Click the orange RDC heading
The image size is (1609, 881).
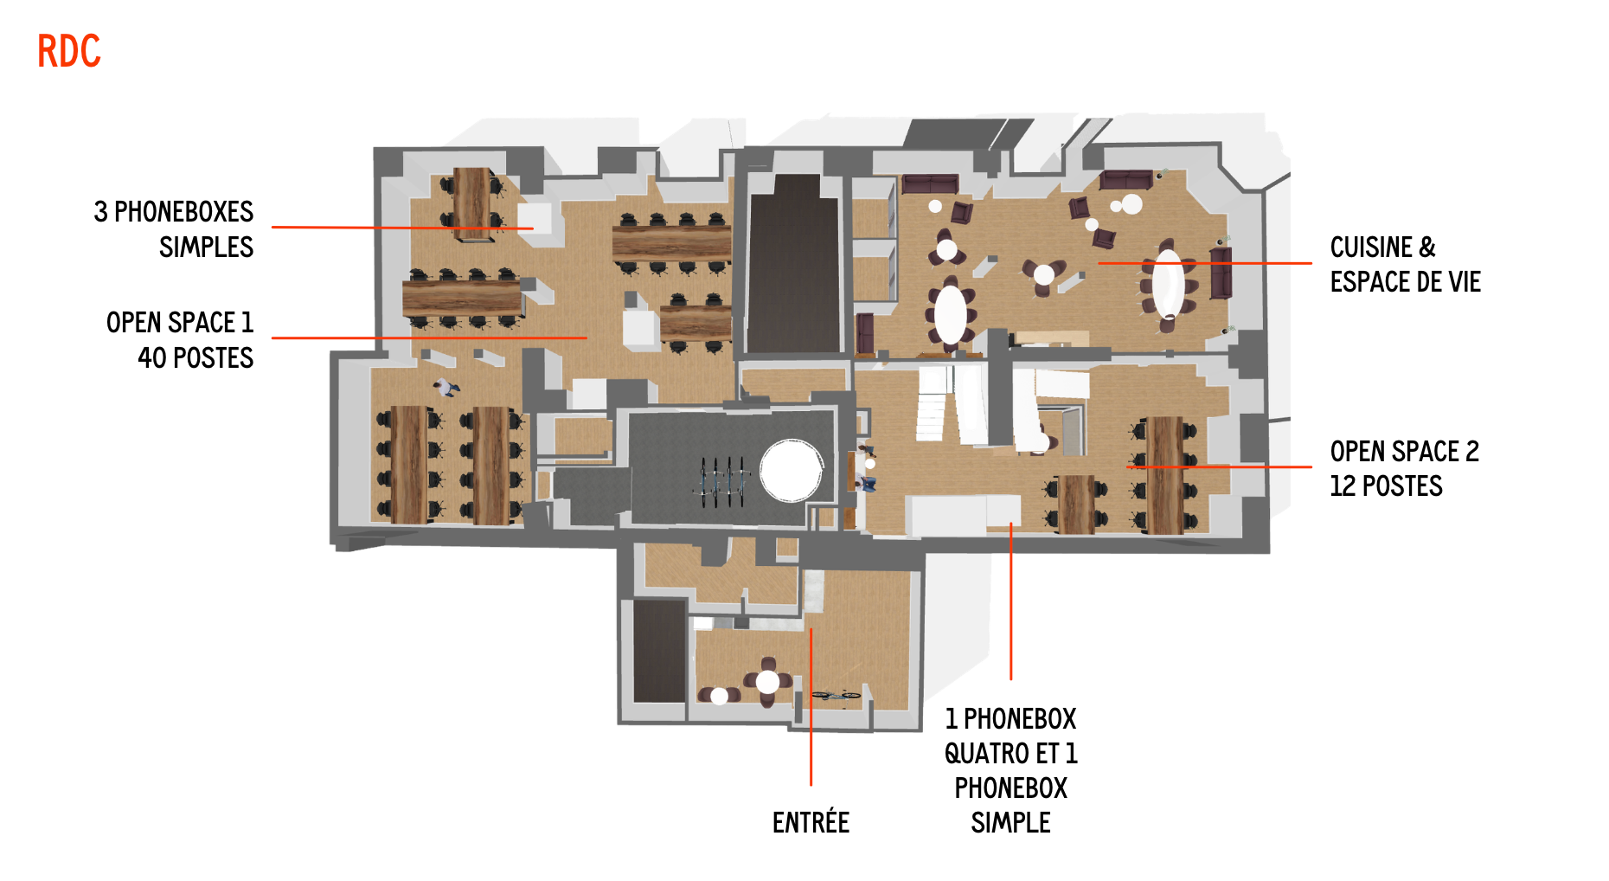[x=69, y=51]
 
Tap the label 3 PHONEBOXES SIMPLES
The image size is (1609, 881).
[x=173, y=229]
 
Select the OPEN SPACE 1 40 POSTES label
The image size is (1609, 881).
[x=180, y=340]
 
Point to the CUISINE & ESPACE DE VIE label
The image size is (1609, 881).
[x=1406, y=265]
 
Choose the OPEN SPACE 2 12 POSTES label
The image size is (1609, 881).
[x=1405, y=468]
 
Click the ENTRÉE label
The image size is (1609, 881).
[x=811, y=822]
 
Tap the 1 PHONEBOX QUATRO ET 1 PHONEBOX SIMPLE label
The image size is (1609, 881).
[x=1010, y=770]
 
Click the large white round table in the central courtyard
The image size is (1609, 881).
[x=791, y=471]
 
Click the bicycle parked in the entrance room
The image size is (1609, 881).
[x=836, y=694]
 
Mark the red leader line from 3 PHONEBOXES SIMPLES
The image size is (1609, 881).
[x=402, y=228]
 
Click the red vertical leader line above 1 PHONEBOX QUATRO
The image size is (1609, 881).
[x=1010, y=601]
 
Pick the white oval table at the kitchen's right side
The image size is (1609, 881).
[x=1168, y=284]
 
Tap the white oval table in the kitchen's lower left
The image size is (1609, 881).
[x=951, y=314]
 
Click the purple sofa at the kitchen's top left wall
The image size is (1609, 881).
[x=930, y=183]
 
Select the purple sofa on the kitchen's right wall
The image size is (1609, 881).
[x=1221, y=273]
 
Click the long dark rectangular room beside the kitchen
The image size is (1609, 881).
[x=794, y=264]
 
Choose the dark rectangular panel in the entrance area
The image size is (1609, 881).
[x=659, y=651]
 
